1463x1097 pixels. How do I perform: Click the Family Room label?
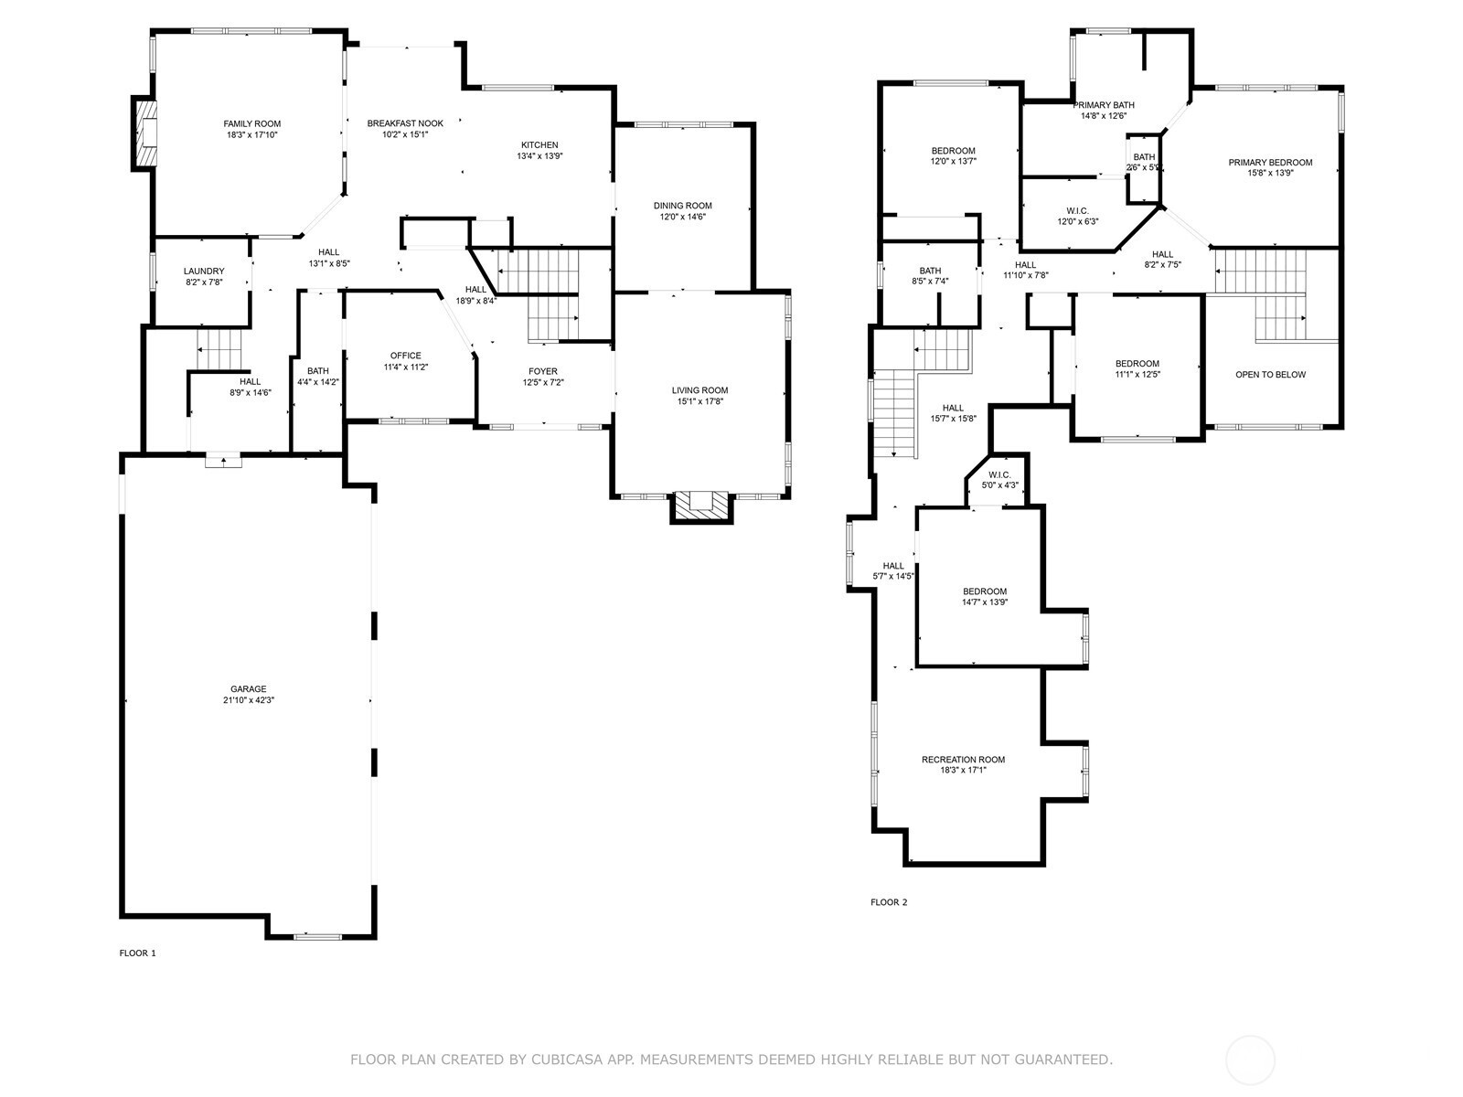(x=252, y=124)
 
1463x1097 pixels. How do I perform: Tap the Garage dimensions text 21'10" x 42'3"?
(x=249, y=700)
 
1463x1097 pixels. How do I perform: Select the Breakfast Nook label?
(x=405, y=123)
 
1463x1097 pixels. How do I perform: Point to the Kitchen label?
(x=539, y=145)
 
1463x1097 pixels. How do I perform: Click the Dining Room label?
(x=682, y=206)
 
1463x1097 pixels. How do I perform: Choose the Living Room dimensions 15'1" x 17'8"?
(x=699, y=401)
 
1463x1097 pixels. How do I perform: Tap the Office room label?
(x=406, y=356)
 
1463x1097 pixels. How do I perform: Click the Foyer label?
(x=543, y=372)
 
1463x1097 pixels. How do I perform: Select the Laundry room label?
(x=204, y=272)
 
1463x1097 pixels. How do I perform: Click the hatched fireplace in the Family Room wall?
(x=144, y=133)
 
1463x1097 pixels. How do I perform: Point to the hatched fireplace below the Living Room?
(x=701, y=506)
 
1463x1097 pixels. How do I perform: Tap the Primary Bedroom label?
(x=1270, y=163)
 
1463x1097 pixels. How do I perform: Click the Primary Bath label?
(x=1104, y=105)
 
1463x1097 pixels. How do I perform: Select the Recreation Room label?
(x=963, y=760)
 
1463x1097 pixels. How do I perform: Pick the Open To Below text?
(x=1270, y=374)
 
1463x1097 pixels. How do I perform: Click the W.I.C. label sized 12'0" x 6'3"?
(x=1078, y=211)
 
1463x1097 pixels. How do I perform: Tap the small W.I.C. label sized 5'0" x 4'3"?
(x=999, y=474)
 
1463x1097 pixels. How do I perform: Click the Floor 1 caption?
(x=137, y=953)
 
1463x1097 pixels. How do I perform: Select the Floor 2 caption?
(x=889, y=902)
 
